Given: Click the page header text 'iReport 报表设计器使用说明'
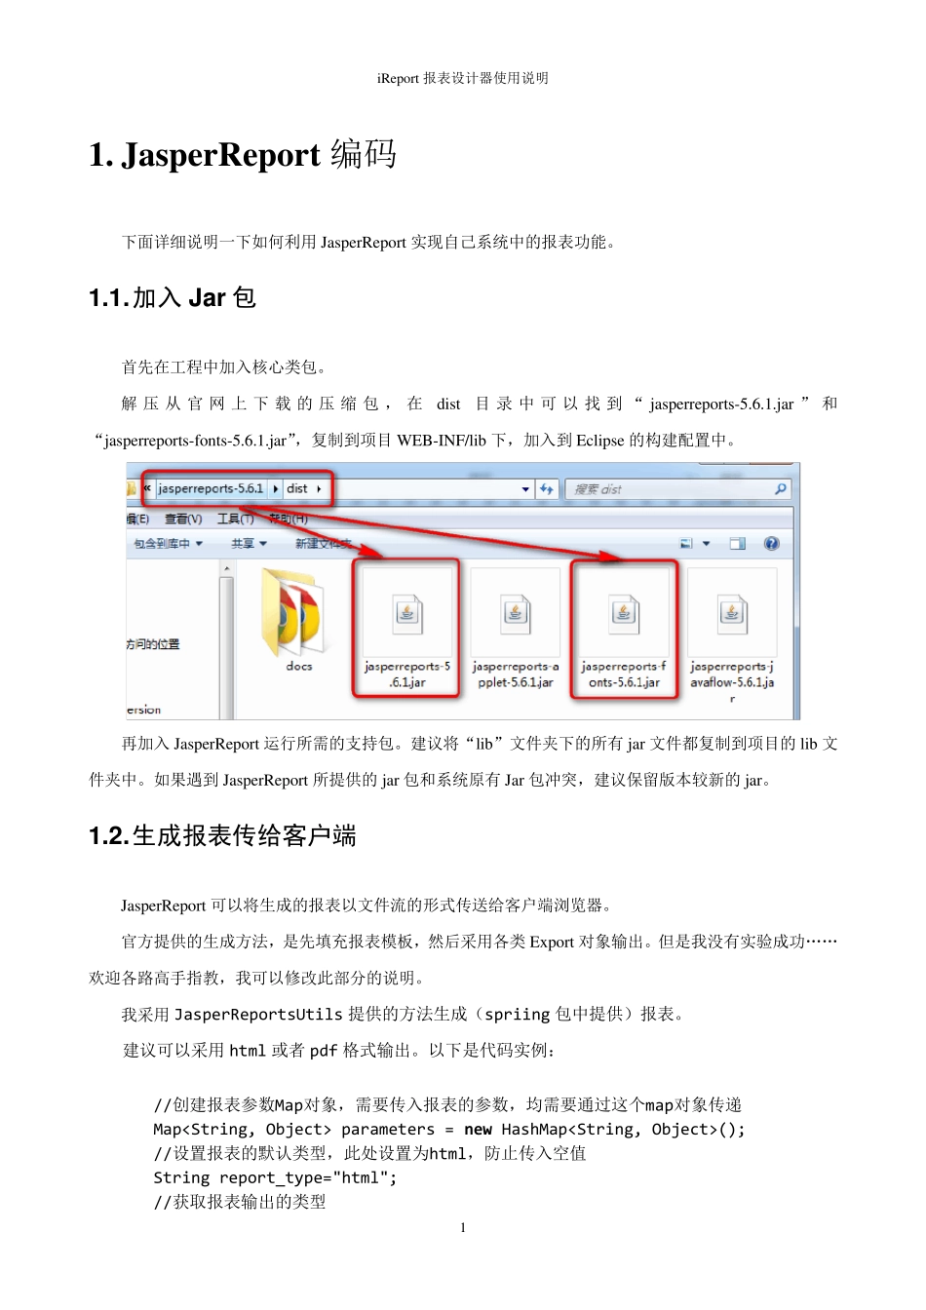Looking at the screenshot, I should pyautogui.click(x=462, y=79).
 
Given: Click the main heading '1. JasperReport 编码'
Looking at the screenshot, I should pyautogui.click(x=243, y=155).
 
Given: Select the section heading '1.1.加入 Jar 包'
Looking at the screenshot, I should pyautogui.click(x=173, y=298).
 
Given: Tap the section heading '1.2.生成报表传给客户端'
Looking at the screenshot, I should pyautogui.click(x=222, y=836).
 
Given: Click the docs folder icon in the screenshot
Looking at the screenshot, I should pyautogui.click(x=292, y=613).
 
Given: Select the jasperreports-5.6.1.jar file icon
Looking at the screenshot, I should pyautogui.click(x=406, y=613).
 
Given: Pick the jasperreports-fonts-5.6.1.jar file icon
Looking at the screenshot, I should pyautogui.click(x=624, y=613).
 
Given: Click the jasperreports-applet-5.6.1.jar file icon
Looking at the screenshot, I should pyautogui.click(x=516, y=613).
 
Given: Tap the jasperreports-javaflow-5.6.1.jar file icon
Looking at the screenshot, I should pyautogui.click(x=732, y=613).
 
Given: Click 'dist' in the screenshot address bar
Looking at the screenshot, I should pyautogui.click(x=297, y=488).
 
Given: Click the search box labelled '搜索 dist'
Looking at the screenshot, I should pyautogui.click(x=673, y=489).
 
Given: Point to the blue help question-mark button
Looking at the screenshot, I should pyautogui.click(x=771, y=544).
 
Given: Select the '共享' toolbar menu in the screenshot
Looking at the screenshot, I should pyautogui.click(x=248, y=544).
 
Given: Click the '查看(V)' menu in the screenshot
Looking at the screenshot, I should pyautogui.click(x=183, y=520).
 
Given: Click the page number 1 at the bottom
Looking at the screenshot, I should pyautogui.click(x=463, y=1228).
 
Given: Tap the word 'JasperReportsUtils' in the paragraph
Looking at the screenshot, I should pyautogui.click(x=258, y=1015).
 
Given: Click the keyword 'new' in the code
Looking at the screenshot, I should pyautogui.click(x=478, y=1130).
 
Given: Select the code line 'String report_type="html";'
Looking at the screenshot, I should pyautogui.click(x=275, y=1178).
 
